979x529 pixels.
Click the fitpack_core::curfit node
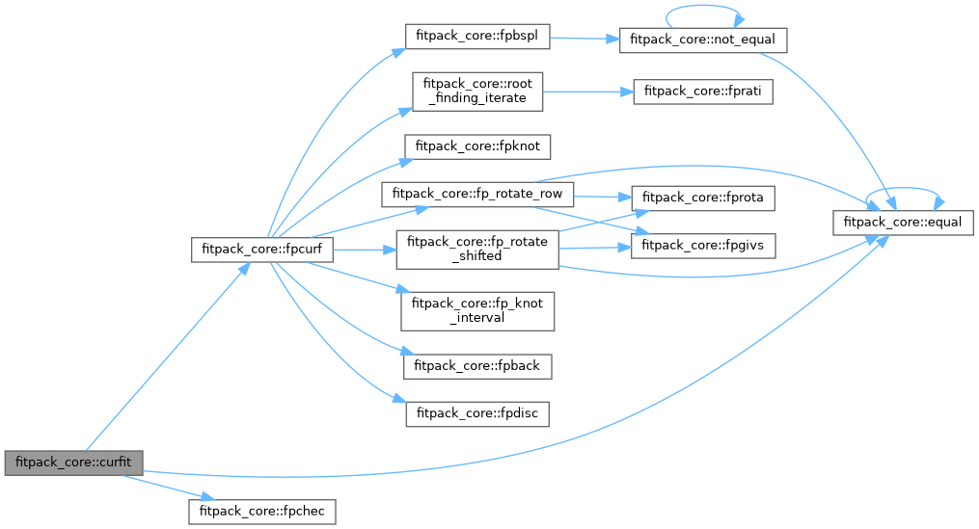(x=73, y=462)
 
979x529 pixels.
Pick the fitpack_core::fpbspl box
(x=476, y=36)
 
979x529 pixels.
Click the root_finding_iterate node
(x=476, y=91)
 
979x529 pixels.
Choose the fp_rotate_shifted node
(x=477, y=249)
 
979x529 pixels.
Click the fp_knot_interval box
(x=476, y=310)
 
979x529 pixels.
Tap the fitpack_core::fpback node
(x=476, y=366)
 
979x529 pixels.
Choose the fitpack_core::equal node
(x=904, y=222)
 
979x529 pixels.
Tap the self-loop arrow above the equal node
(x=904, y=189)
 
